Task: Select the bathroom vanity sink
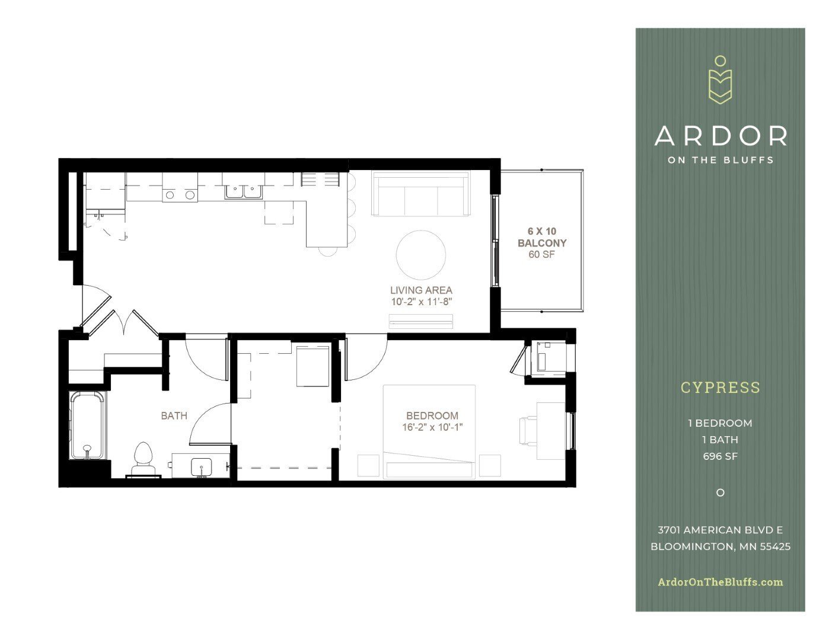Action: [x=201, y=466]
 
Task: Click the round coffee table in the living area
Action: [x=421, y=254]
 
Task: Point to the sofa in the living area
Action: [x=420, y=194]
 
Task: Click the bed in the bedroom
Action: [x=429, y=431]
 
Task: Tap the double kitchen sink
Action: [x=243, y=191]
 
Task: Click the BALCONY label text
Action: [x=542, y=243]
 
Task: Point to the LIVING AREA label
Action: [x=421, y=290]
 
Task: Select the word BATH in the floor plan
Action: [x=174, y=416]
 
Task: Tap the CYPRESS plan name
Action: [x=720, y=388]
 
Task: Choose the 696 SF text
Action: [x=720, y=456]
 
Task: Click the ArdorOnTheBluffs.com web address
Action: [x=720, y=582]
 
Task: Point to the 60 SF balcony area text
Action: [x=542, y=255]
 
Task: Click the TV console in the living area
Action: [x=421, y=321]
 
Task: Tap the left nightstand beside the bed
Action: [x=368, y=465]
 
